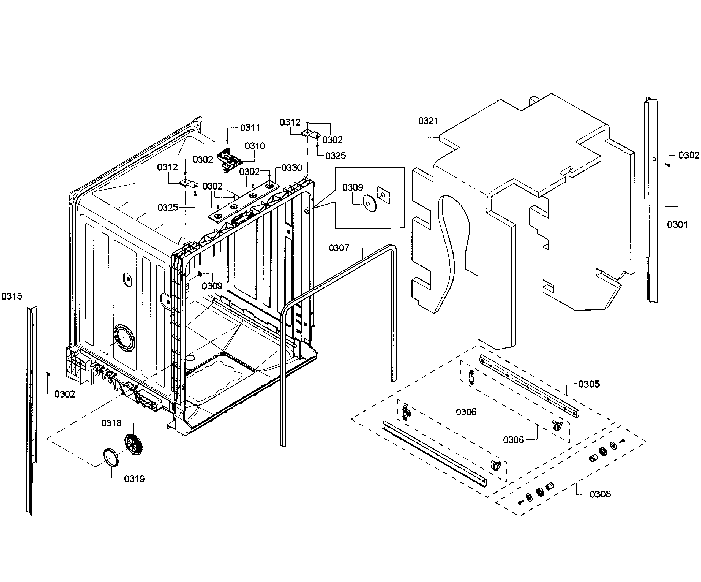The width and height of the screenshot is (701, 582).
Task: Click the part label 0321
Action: click(428, 121)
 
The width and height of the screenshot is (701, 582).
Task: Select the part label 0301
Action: click(677, 225)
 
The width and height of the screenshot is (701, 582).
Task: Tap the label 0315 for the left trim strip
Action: click(12, 296)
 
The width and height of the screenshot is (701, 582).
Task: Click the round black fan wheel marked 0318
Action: click(133, 444)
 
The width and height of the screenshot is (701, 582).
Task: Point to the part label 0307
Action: click(339, 248)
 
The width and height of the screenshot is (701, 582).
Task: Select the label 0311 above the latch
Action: click(250, 128)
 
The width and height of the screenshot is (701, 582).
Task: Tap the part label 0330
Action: click(291, 168)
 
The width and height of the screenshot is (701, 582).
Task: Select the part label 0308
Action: click(600, 494)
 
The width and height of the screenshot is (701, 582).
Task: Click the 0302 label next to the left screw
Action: click(65, 394)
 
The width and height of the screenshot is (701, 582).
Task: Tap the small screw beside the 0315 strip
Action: click(48, 374)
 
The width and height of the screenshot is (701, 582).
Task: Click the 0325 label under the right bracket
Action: click(336, 156)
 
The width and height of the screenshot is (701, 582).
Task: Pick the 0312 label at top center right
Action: click(290, 123)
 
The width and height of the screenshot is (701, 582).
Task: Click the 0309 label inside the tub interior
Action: click(212, 286)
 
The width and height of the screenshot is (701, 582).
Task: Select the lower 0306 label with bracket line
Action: click(513, 440)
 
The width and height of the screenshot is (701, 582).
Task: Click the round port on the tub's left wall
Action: click(124, 338)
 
